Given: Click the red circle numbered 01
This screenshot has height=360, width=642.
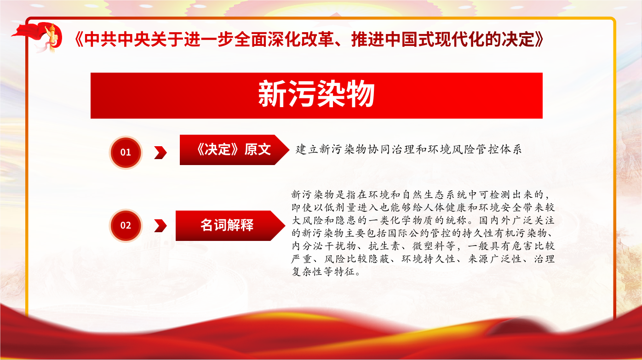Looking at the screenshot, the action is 126,152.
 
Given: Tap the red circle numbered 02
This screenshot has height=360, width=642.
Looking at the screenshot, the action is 126,225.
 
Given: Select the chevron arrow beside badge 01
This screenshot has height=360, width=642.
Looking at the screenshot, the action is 160,152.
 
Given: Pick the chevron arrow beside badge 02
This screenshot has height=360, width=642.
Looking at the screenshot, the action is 160,226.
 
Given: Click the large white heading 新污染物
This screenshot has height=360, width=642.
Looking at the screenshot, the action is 316,94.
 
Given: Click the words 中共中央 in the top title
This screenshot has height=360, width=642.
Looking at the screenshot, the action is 118,39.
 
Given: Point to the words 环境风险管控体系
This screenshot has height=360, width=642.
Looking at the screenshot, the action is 475,149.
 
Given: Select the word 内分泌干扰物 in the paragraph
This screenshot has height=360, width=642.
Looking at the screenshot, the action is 324,246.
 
